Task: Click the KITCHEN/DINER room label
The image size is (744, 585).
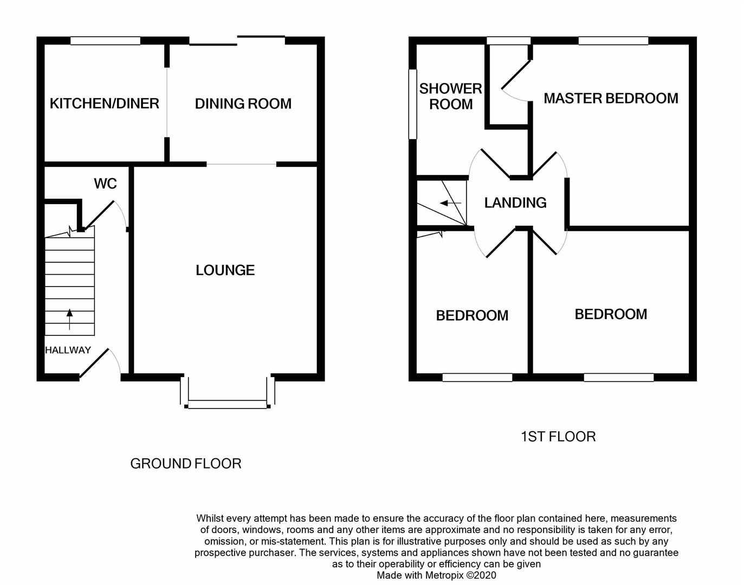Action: [104, 103]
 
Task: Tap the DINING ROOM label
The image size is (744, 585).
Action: [243, 103]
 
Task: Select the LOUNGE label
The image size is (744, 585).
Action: [225, 270]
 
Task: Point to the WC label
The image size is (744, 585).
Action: [105, 184]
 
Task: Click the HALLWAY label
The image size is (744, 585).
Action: [68, 350]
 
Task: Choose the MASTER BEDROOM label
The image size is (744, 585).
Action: [611, 98]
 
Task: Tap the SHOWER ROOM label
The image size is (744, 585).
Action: [450, 96]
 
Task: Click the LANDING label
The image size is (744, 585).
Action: [515, 203]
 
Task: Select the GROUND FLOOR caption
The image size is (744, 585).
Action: [185, 464]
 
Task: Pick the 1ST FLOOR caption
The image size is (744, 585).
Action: [558, 437]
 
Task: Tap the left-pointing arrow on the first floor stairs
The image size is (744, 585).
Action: [450, 203]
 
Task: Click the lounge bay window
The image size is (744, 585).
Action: [228, 404]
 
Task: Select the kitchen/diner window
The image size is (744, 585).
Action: [105, 41]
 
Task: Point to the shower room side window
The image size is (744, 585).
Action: [412, 103]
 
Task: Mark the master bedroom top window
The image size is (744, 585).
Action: [613, 41]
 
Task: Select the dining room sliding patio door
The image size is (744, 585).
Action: [237, 39]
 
